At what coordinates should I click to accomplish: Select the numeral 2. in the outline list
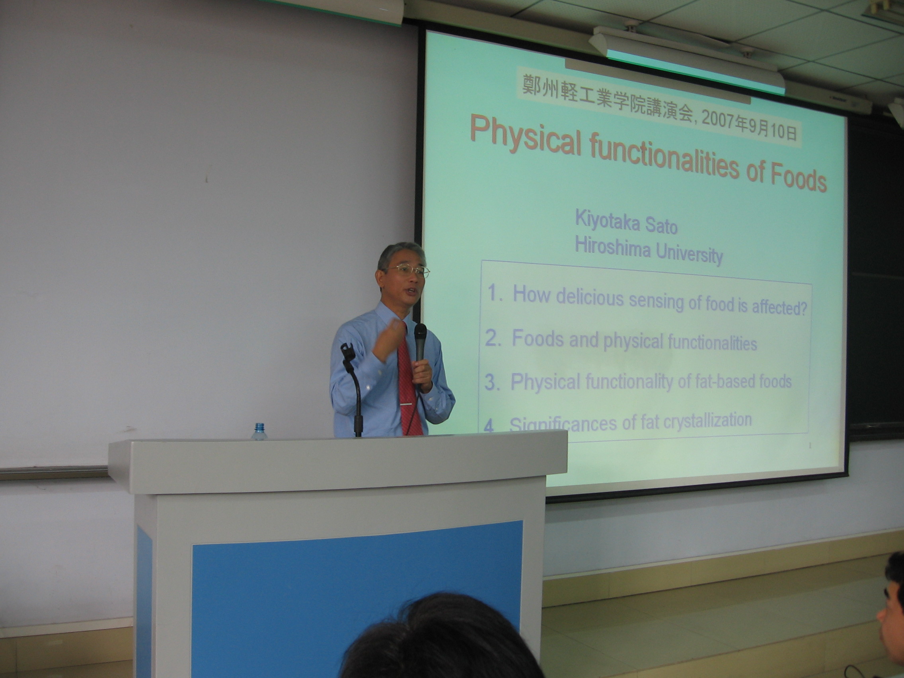[x=493, y=338]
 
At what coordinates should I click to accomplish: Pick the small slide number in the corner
[x=810, y=446]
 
